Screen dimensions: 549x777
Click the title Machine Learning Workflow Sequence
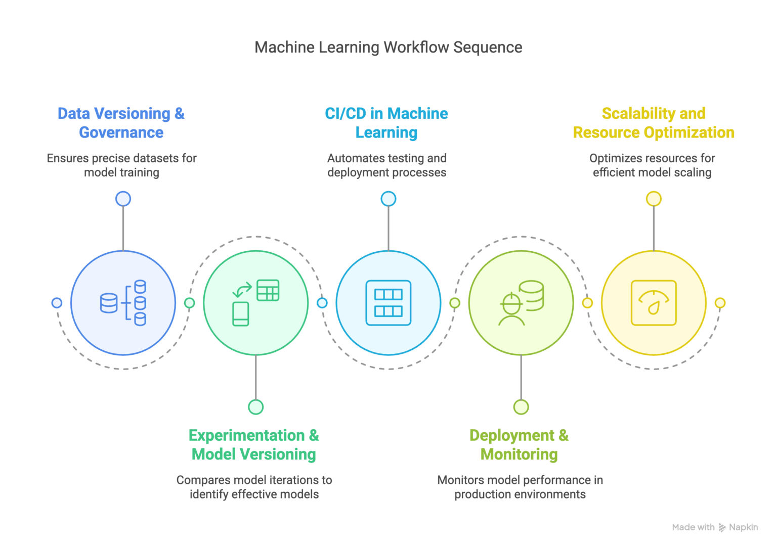388,47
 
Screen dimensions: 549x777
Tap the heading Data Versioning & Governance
121,123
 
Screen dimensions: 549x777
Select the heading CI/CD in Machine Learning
386,123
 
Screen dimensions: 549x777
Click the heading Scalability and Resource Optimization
654,123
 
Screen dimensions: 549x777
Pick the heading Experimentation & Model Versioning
254,445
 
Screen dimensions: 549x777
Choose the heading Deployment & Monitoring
519,445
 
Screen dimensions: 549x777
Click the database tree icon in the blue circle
123,303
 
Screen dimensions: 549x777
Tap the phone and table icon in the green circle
256,303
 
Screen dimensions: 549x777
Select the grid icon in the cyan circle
388,303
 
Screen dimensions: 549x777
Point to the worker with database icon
521,303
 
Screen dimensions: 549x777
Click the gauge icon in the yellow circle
654,303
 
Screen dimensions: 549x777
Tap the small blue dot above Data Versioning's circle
123,199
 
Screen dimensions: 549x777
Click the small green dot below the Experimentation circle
256,407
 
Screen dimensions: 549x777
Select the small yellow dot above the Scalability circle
654,199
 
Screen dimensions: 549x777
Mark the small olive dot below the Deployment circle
521,407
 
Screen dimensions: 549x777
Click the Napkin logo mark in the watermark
722,528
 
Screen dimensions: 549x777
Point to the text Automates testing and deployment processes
387,165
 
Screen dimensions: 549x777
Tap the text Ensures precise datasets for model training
121,165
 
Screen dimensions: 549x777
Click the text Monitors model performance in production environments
520,487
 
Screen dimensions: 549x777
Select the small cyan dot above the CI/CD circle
388,199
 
